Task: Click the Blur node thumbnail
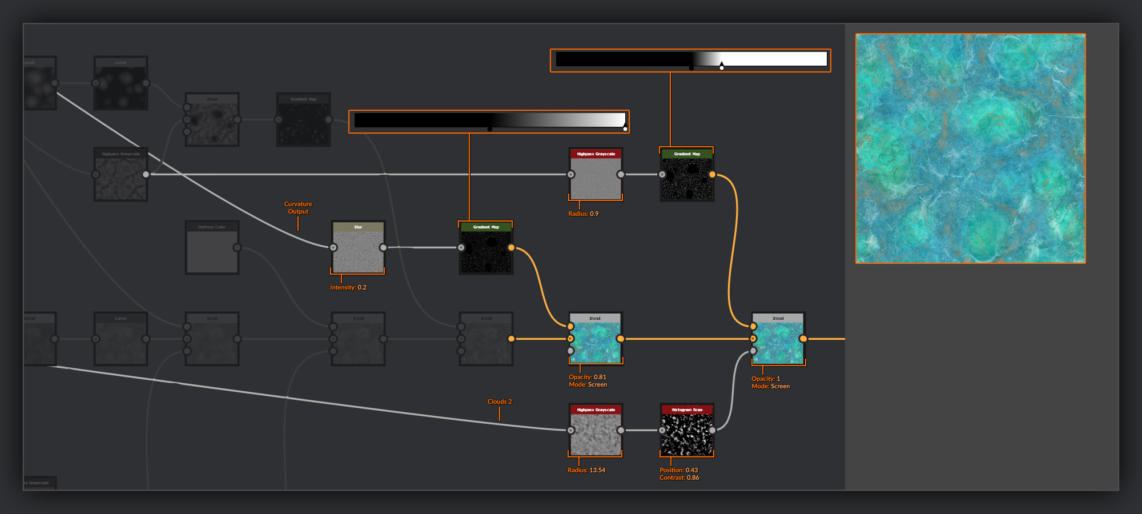pyautogui.click(x=358, y=251)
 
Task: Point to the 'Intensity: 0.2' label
pyautogui.click(x=348, y=288)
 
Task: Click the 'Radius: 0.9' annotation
pyautogui.click(x=583, y=214)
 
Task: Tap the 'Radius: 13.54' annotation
pyautogui.click(x=586, y=471)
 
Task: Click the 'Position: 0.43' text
pyautogui.click(x=678, y=471)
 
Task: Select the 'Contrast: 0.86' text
pyautogui.click(x=679, y=478)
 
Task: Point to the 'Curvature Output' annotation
pyautogui.click(x=298, y=208)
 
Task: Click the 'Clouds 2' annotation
pyautogui.click(x=500, y=402)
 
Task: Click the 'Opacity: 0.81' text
pyautogui.click(x=587, y=378)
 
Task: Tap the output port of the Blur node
pyautogui.click(x=383, y=247)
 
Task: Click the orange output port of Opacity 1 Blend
pyautogui.click(x=803, y=339)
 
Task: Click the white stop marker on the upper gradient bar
pyautogui.click(x=722, y=67)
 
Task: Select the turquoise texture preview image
pyautogui.click(x=970, y=148)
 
